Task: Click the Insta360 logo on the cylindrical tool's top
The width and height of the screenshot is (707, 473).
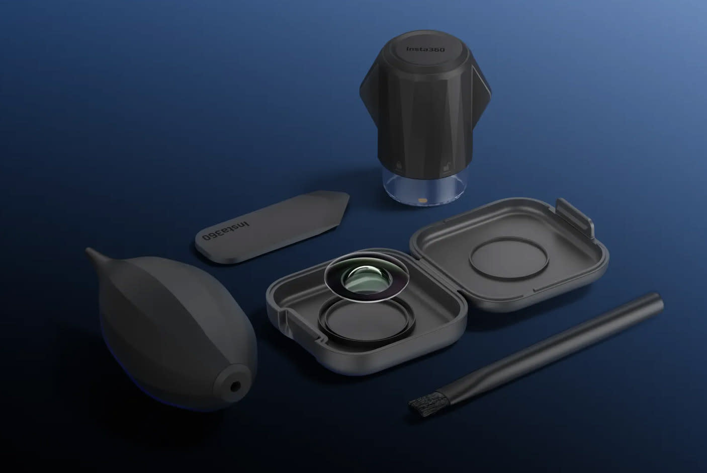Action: pos(425,49)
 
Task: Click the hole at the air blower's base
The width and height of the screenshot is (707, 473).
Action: pos(235,386)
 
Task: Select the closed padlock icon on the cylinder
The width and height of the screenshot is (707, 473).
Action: pos(399,165)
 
